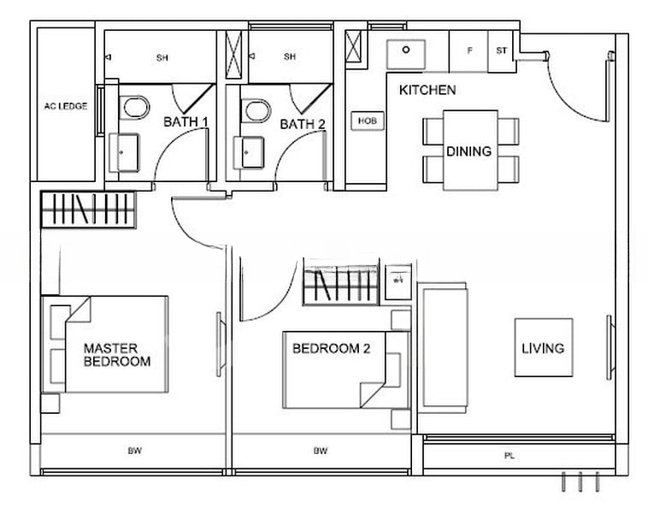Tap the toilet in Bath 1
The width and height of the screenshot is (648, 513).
click(134, 109)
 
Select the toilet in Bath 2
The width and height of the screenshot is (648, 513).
click(256, 110)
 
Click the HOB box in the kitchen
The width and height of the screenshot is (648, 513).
click(367, 121)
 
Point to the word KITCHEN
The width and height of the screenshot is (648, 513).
click(427, 90)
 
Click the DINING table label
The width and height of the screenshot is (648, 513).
click(469, 151)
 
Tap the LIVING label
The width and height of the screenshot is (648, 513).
click(543, 348)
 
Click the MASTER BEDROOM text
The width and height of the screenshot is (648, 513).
click(116, 355)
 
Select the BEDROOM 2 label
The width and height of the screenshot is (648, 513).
click(330, 348)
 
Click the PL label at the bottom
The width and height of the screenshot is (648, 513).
click(510, 456)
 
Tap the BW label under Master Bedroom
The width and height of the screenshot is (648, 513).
click(134, 450)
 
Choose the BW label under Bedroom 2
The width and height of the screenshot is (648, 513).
click(320, 450)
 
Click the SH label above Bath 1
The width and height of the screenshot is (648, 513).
click(162, 57)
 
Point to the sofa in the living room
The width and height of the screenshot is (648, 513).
click(442, 348)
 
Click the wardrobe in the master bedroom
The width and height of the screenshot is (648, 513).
click(89, 209)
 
